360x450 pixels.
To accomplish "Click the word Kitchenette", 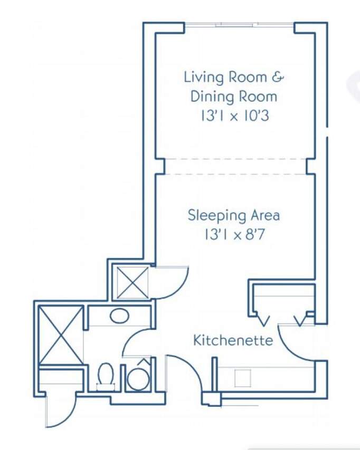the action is click(233, 340).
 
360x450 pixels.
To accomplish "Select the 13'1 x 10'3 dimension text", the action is click(234, 116).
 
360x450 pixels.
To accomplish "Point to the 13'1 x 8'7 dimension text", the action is click(234, 235).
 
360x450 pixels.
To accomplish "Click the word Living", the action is click(204, 78).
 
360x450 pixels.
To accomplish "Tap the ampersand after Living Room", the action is click(278, 77).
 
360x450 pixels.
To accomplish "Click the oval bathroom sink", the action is click(119, 315).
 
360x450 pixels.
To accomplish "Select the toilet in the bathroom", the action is click(106, 377).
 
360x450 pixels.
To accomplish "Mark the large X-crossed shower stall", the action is click(61, 335).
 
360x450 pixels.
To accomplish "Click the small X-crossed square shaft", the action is click(133, 282).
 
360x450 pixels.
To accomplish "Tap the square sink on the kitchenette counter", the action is click(243, 378).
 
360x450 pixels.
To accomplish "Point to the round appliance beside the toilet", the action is click(139, 377).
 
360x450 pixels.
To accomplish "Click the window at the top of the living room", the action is click(239, 25).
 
